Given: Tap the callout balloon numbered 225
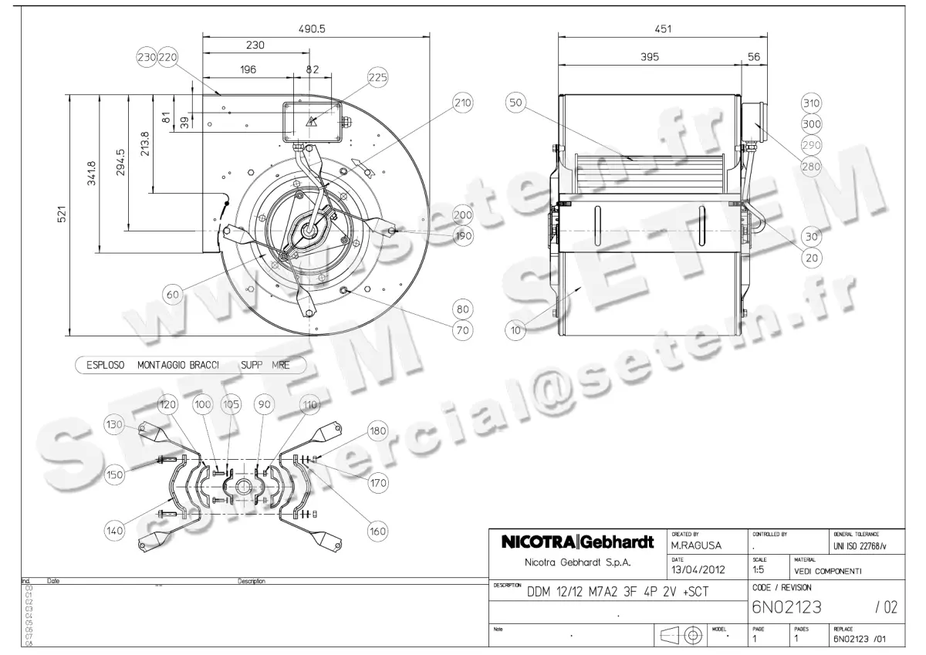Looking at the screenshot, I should click(x=377, y=77).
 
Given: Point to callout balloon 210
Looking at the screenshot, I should click(x=462, y=103).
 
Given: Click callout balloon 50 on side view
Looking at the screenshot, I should click(x=515, y=102).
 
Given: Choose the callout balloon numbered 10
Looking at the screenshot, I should click(x=515, y=330).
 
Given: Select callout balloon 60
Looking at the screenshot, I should click(x=174, y=294).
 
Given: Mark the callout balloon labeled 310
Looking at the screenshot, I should click(x=811, y=103).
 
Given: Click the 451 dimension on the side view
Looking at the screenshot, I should click(x=662, y=29).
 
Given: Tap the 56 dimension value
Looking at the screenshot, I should click(x=754, y=58).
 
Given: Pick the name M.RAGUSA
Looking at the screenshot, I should click(x=696, y=545).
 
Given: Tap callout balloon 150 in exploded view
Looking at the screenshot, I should click(x=115, y=474).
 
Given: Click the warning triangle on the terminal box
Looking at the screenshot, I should click(x=312, y=121).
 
